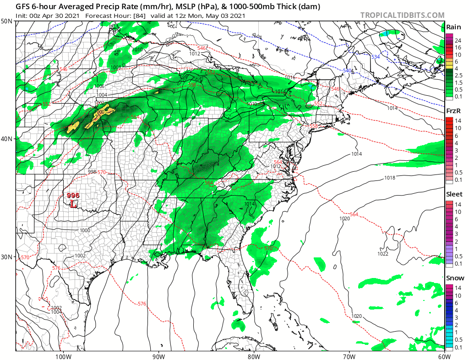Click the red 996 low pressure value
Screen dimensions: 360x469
(x=73, y=195)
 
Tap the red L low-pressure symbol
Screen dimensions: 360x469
(x=73, y=204)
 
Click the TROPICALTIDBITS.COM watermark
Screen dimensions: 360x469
(x=402, y=16)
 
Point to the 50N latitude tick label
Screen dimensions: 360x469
(x=7, y=22)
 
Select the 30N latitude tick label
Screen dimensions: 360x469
(x=7, y=256)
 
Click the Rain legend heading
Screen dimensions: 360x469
(x=453, y=27)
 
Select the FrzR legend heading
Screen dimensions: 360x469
(x=453, y=111)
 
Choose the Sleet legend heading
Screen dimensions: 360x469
(x=454, y=194)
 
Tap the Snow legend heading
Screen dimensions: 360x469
(x=454, y=278)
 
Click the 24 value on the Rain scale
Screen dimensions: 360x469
(x=458, y=40)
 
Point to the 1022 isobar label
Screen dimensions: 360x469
(x=383, y=254)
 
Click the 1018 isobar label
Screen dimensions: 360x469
(x=390, y=178)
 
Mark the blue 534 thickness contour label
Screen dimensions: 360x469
(x=376, y=56)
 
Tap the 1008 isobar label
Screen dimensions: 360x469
(x=116, y=68)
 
